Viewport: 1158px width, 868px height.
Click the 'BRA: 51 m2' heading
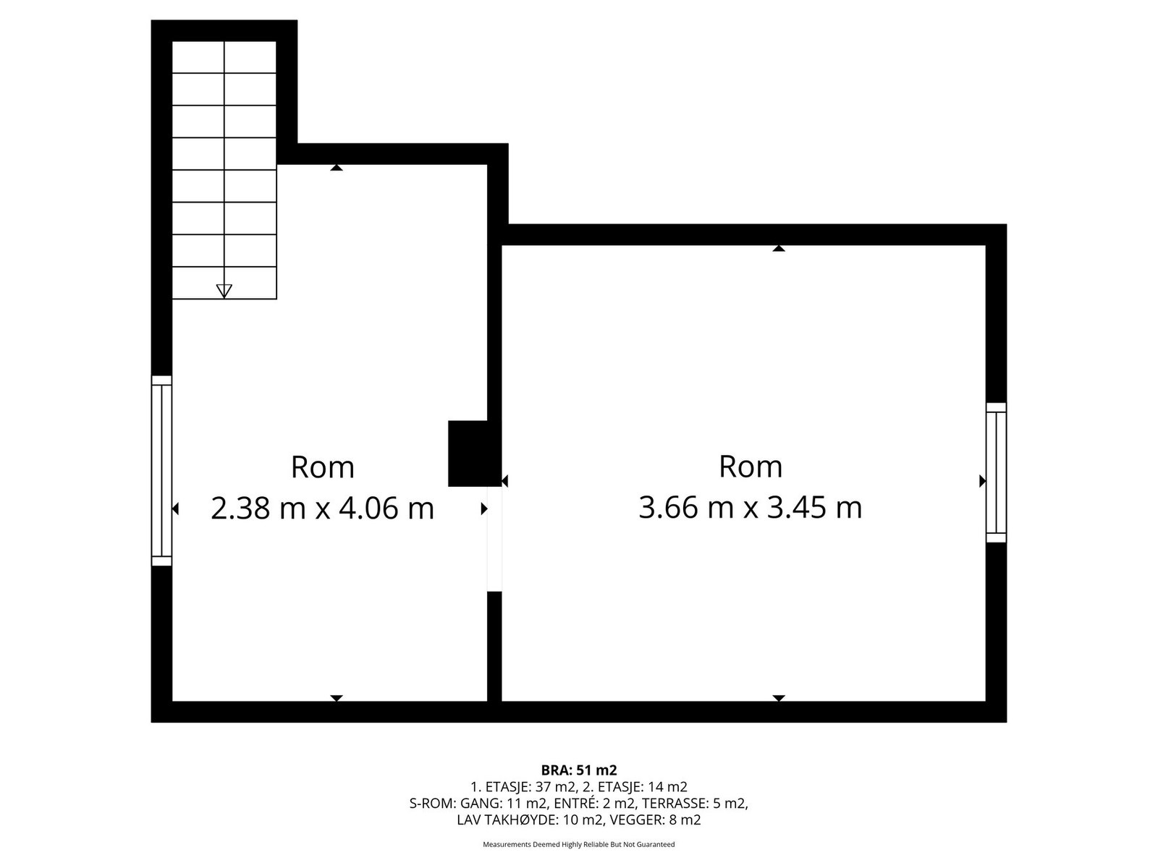coord(578,770)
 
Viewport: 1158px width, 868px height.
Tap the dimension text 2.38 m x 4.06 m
coord(322,508)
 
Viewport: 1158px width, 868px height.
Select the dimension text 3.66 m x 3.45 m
coord(750,507)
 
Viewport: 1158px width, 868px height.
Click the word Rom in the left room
coord(322,467)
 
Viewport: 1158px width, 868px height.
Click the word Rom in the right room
coord(750,467)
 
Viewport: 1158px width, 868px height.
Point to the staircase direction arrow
coord(224,290)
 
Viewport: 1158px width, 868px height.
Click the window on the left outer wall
coord(161,470)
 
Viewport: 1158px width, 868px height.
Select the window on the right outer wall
coord(996,472)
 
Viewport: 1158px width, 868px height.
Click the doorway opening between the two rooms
coord(494,539)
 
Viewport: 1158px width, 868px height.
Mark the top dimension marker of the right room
coord(779,248)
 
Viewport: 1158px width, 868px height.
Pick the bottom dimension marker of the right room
coord(779,698)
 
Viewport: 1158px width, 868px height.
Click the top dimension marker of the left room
coord(336,168)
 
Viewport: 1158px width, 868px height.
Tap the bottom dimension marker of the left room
coord(336,698)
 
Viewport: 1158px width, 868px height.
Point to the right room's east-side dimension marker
coord(982,480)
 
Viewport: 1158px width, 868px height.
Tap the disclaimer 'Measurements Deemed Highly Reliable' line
coord(578,844)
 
